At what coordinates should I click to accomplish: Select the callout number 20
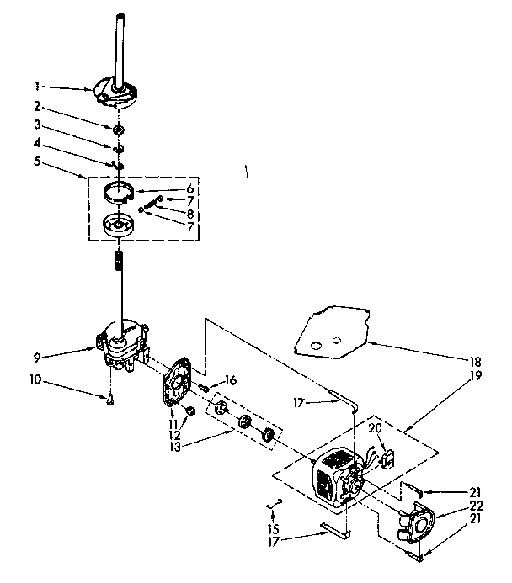[x=376, y=428]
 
